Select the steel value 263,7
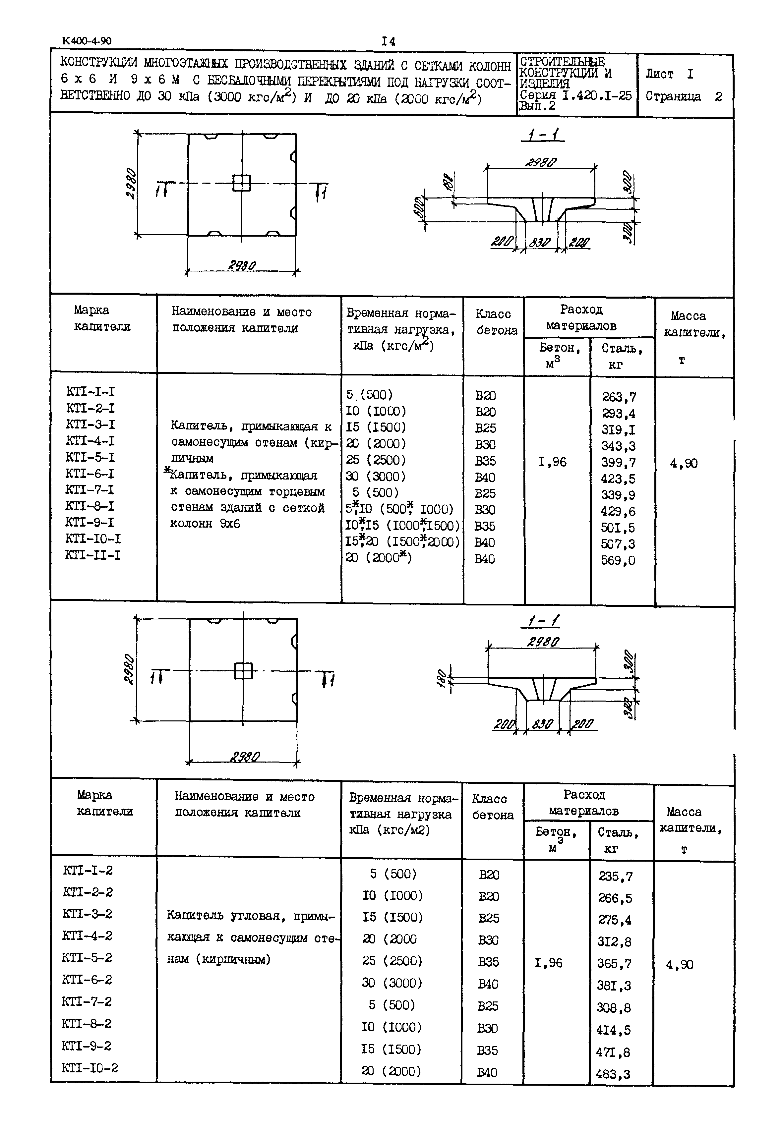click(619, 397)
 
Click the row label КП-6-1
click(90, 474)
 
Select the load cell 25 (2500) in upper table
click(376, 460)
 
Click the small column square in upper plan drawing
click(241, 183)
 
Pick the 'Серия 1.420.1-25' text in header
click(575, 95)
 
